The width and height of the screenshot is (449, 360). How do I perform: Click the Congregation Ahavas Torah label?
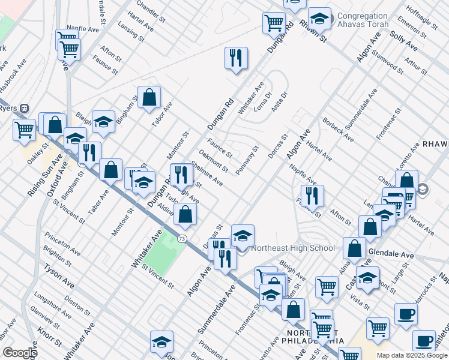click(x=363, y=20)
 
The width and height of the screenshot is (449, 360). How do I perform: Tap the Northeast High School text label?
click(x=293, y=248)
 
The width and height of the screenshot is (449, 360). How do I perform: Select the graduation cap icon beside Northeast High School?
click(x=243, y=236)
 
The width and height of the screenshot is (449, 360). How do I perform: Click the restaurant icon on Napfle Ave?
click(x=312, y=196)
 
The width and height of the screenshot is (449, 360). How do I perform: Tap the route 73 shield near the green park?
click(x=181, y=239)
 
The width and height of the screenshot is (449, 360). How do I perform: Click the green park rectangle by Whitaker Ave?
click(x=160, y=256)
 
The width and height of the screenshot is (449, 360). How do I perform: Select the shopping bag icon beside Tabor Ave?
click(x=149, y=97)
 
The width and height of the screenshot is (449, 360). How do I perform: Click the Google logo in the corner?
click(x=19, y=353)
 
